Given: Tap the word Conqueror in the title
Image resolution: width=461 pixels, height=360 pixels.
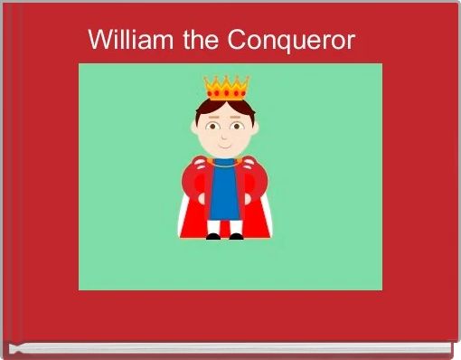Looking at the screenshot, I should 291,42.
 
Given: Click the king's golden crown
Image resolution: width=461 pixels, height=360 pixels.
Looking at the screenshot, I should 226,88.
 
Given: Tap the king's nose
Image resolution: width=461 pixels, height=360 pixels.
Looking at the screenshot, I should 225,134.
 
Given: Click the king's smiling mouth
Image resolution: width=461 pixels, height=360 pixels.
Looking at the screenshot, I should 225,143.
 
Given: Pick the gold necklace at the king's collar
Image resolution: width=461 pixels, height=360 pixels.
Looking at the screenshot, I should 225,163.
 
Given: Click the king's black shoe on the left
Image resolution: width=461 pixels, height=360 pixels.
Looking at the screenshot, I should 213,236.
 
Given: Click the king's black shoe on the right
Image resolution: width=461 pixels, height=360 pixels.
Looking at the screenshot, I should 236,236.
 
